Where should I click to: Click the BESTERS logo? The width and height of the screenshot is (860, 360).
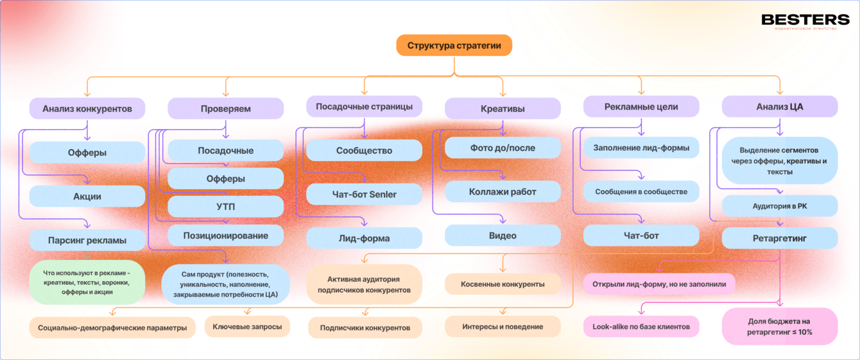click(805, 21)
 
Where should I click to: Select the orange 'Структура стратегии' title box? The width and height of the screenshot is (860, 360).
click(454, 46)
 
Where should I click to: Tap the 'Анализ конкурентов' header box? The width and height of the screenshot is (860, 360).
click(87, 108)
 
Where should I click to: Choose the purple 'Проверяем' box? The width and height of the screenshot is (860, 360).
click(225, 108)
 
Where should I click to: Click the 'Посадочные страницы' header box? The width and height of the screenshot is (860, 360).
click(364, 107)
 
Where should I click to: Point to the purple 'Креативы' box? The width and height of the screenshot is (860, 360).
click(503, 108)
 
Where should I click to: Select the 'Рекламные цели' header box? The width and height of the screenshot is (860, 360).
click(641, 107)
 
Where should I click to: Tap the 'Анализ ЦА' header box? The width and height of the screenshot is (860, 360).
click(779, 107)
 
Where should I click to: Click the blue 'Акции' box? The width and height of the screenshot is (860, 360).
click(87, 196)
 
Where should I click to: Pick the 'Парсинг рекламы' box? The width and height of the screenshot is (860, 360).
click(87, 240)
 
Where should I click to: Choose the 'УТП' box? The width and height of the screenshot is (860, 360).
click(225, 207)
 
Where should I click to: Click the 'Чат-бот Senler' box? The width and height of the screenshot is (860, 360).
click(364, 194)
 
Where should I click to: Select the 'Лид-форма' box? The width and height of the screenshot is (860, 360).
click(364, 238)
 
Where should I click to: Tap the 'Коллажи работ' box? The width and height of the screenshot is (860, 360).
click(503, 191)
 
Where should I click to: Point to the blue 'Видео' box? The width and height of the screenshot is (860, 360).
click(503, 236)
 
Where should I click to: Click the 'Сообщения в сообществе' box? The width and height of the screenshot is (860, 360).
click(641, 191)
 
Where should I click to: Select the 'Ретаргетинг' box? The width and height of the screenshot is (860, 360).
click(779, 238)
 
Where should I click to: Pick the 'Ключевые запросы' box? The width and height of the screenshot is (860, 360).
click(247, 327)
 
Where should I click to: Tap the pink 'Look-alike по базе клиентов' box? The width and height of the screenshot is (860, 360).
click(641, 327)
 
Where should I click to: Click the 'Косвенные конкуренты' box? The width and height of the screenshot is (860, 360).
click(503, 284)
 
